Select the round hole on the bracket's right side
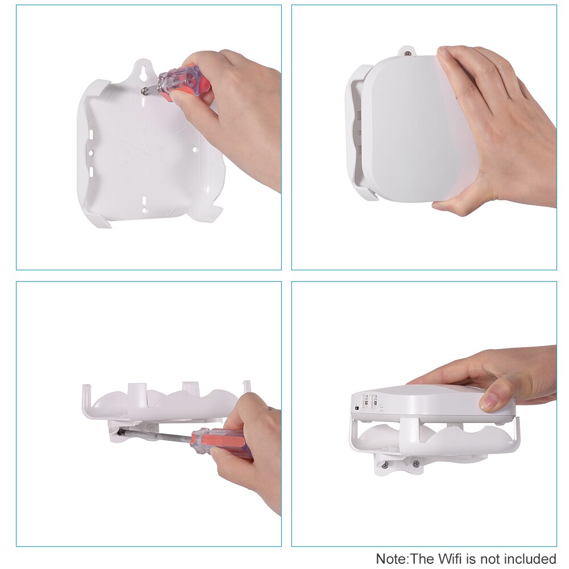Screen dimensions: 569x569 click(195, 150)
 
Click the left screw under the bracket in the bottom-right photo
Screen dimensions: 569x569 click(385, 465)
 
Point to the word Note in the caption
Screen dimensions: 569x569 click(391, 559)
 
